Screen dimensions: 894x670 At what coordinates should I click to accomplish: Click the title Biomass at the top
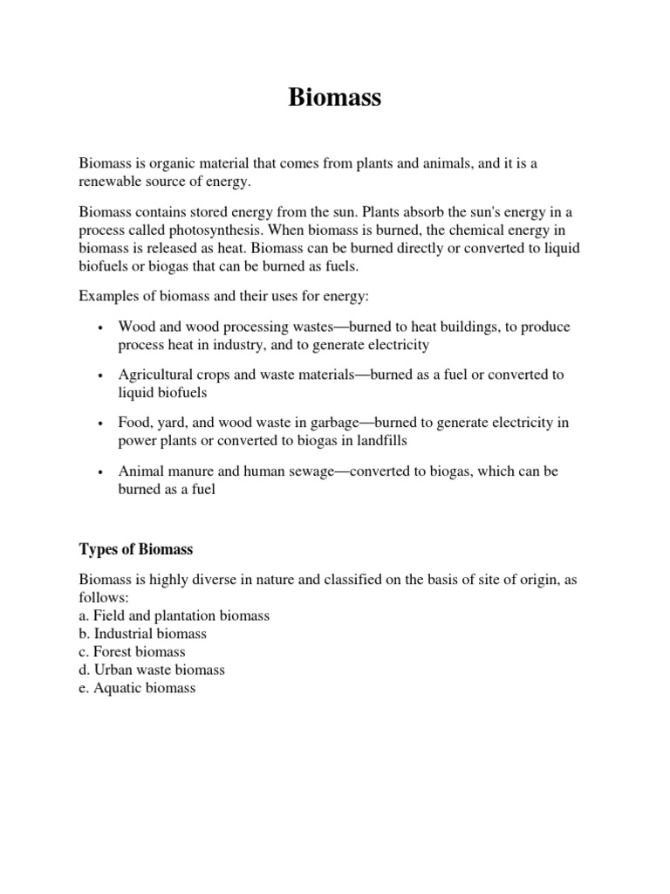335,99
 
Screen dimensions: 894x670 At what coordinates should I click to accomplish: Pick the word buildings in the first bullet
475,327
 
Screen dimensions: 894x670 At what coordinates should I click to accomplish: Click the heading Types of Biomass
136,549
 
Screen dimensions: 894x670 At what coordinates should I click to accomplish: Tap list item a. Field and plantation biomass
174,615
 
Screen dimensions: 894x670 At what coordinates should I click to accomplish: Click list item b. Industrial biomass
143,634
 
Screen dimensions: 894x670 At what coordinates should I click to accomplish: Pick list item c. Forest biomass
133,652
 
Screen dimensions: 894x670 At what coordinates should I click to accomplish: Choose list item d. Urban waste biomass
152,670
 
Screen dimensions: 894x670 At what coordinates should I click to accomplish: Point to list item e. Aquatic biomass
138,688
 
